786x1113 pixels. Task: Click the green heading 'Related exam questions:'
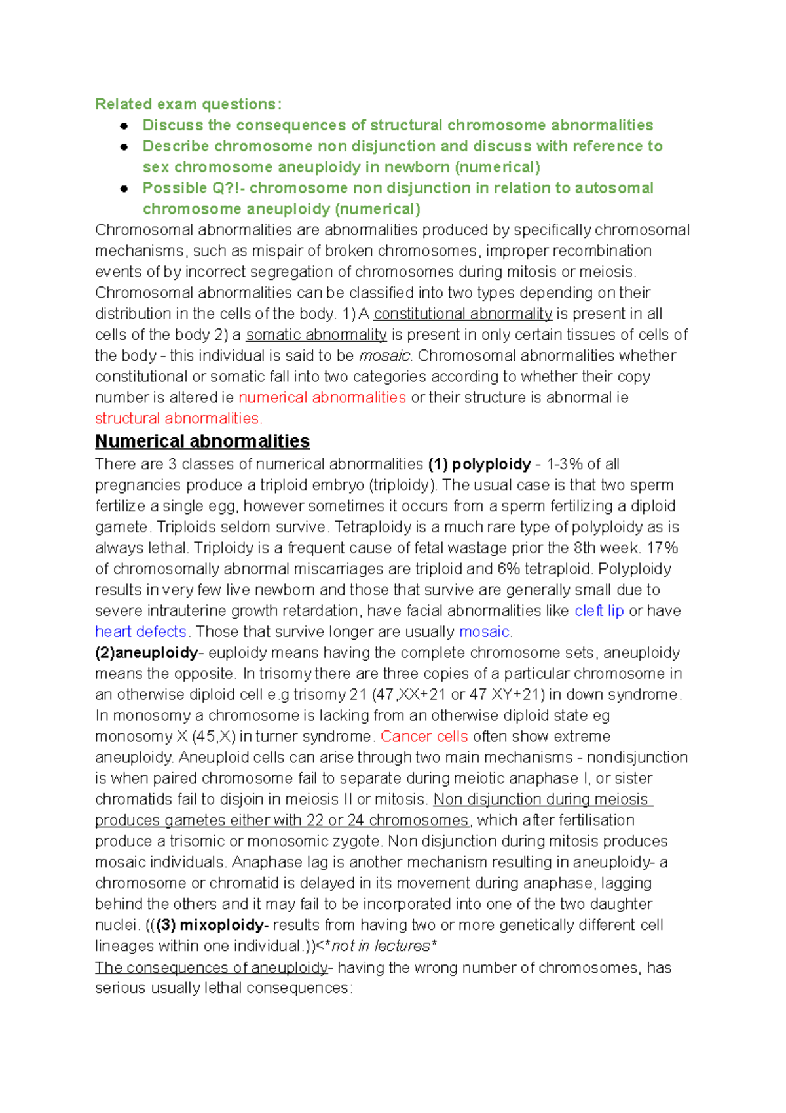[189, 104]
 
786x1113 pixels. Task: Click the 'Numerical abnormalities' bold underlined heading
[202, 441]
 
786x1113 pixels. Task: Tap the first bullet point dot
[124, 126]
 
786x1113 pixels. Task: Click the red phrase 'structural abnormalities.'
[178, 418]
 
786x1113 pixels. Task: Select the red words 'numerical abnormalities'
[322, 397]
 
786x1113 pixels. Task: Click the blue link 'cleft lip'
[599, 611]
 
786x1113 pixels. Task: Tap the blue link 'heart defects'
[141, 632]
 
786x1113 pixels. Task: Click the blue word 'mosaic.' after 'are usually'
[486, 632]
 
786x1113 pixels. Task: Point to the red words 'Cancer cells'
[424, 737]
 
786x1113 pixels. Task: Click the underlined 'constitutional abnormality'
[462, 313]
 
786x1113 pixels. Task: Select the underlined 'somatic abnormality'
[316, 334]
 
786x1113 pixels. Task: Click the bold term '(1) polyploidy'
[479, 464]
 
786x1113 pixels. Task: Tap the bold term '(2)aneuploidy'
[147, 653]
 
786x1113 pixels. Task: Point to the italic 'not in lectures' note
[381, 946]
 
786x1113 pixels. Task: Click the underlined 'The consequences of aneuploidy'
[211, 967]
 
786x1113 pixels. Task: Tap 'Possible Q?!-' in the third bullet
[193, 188]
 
